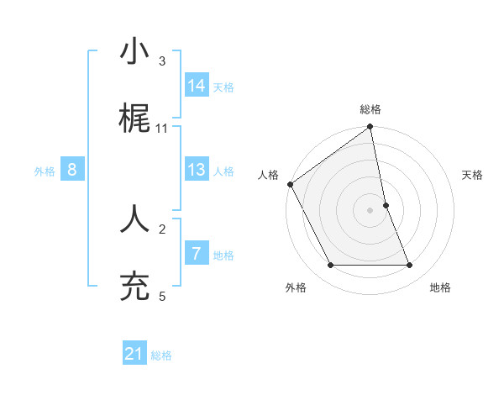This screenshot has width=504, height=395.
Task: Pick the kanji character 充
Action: [x=134, y=287]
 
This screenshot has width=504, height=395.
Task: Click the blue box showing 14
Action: [x=197, y=85]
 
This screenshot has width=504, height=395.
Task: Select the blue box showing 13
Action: [x=197, y=170]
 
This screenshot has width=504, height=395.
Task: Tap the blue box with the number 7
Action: [x=197, y=254]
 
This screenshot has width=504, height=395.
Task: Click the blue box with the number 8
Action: [x=72, y=170]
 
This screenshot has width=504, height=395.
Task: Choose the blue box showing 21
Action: [x=134, y=354]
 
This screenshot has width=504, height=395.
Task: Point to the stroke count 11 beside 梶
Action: [x=162, y=128]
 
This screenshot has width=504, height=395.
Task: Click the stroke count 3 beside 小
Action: [x=162, y=61]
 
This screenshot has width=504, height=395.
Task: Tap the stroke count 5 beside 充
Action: [x=162, y=296]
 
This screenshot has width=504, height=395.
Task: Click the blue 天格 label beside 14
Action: [x=223, y=87]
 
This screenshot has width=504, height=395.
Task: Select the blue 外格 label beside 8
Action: [x=45, y=171]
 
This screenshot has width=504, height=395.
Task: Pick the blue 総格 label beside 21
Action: [x=161, y=355]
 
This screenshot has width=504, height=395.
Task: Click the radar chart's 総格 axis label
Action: [x=370, y=109]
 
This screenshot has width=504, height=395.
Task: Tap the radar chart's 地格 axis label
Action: [x=440, y=287]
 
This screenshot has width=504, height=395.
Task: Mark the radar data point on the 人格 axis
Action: [x=290, y=184]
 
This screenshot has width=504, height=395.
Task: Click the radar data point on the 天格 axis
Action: [x=386, y=205]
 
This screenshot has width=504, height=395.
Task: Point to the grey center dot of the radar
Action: [x=370, y=210]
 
